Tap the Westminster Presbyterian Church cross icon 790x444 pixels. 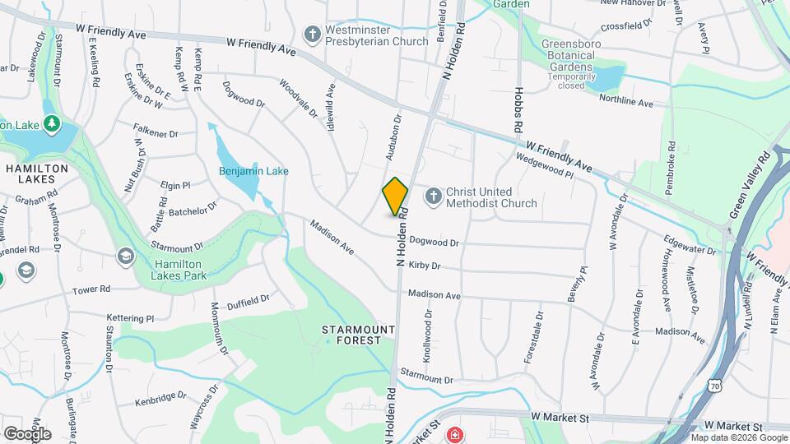pos(312,35)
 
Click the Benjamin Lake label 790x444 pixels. pos(253,171)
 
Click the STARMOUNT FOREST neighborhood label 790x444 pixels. pos(351,335)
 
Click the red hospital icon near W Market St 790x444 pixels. pos(453,434)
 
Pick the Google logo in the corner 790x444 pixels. pos(27,433)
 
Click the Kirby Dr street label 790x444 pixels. pos(425,266)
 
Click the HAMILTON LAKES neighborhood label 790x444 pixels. pos(36,173)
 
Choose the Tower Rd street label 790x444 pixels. pos(91,289)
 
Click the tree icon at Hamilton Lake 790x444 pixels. pos(53,123)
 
